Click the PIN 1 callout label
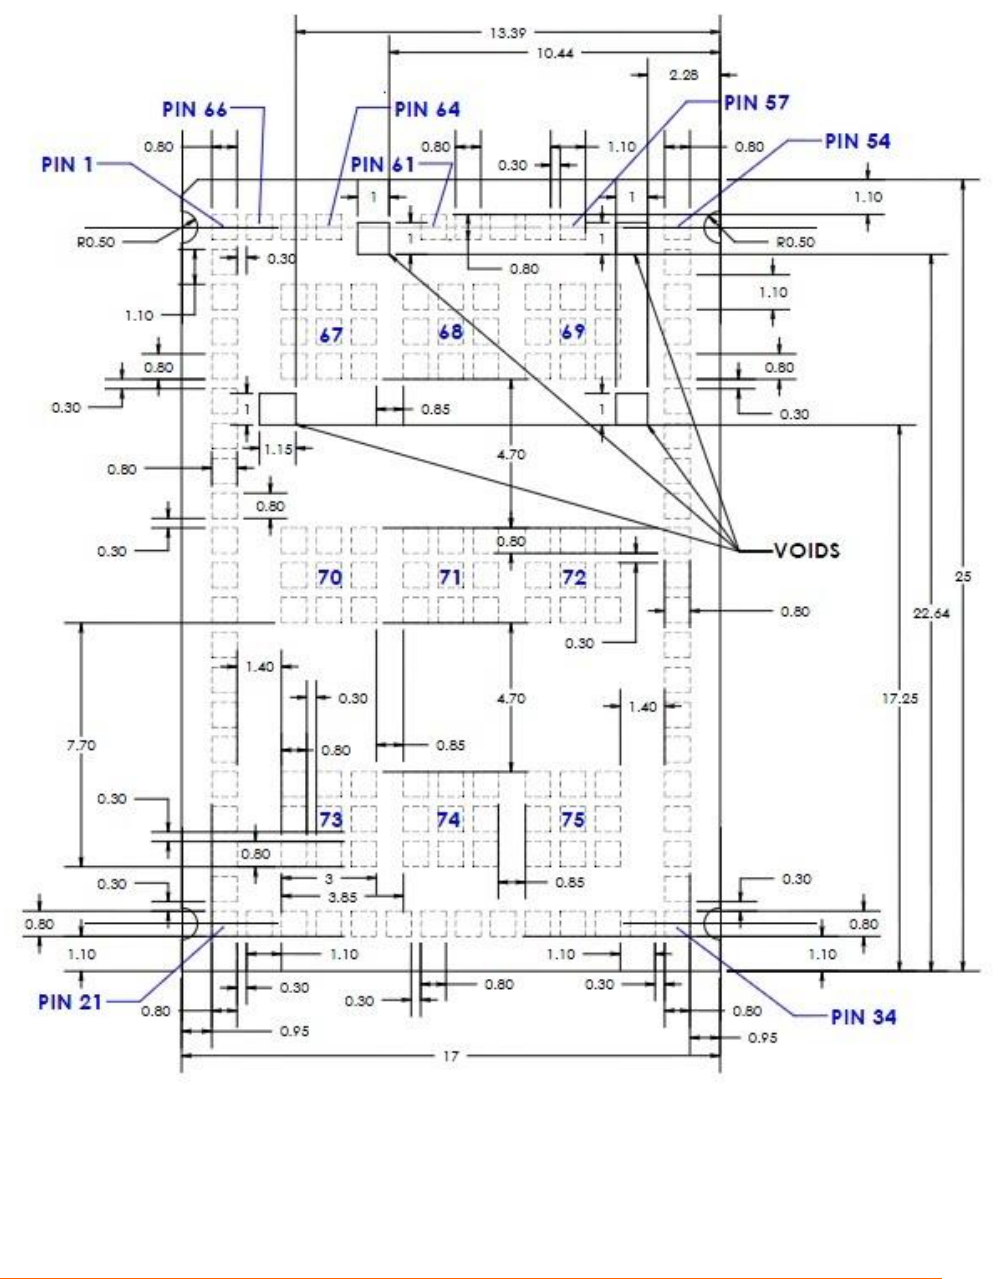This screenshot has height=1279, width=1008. click(x=67, y=164)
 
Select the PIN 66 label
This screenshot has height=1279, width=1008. click(x=194, y=109)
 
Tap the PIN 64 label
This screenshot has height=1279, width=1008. click(x=427, y=109)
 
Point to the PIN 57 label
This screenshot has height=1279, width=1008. click(x=756, y=102)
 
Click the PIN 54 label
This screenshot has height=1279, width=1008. click(x=857, y=141)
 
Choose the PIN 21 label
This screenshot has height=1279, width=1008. click(x=70, y=1001)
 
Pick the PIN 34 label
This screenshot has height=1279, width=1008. click(x=864, y=1017)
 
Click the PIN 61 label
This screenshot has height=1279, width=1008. click(x=383, y=164)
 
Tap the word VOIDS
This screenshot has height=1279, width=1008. click(x=806, y=550)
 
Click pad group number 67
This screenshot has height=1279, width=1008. click(x=331, y=333)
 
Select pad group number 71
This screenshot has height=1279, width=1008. click(x=450, y=577)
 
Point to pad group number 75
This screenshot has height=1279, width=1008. click(x=572, y=820)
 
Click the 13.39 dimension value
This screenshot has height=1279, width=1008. click(x=507, y=32)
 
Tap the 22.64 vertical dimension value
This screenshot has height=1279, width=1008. click(x=931, y=614)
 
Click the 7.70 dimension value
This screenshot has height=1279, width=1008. click(x=81, y=745)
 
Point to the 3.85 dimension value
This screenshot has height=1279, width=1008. click(x=342, y=898)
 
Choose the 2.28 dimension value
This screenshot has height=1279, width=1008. click(x=684, y=75)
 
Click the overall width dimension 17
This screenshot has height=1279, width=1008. click(x=450, y=1056)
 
